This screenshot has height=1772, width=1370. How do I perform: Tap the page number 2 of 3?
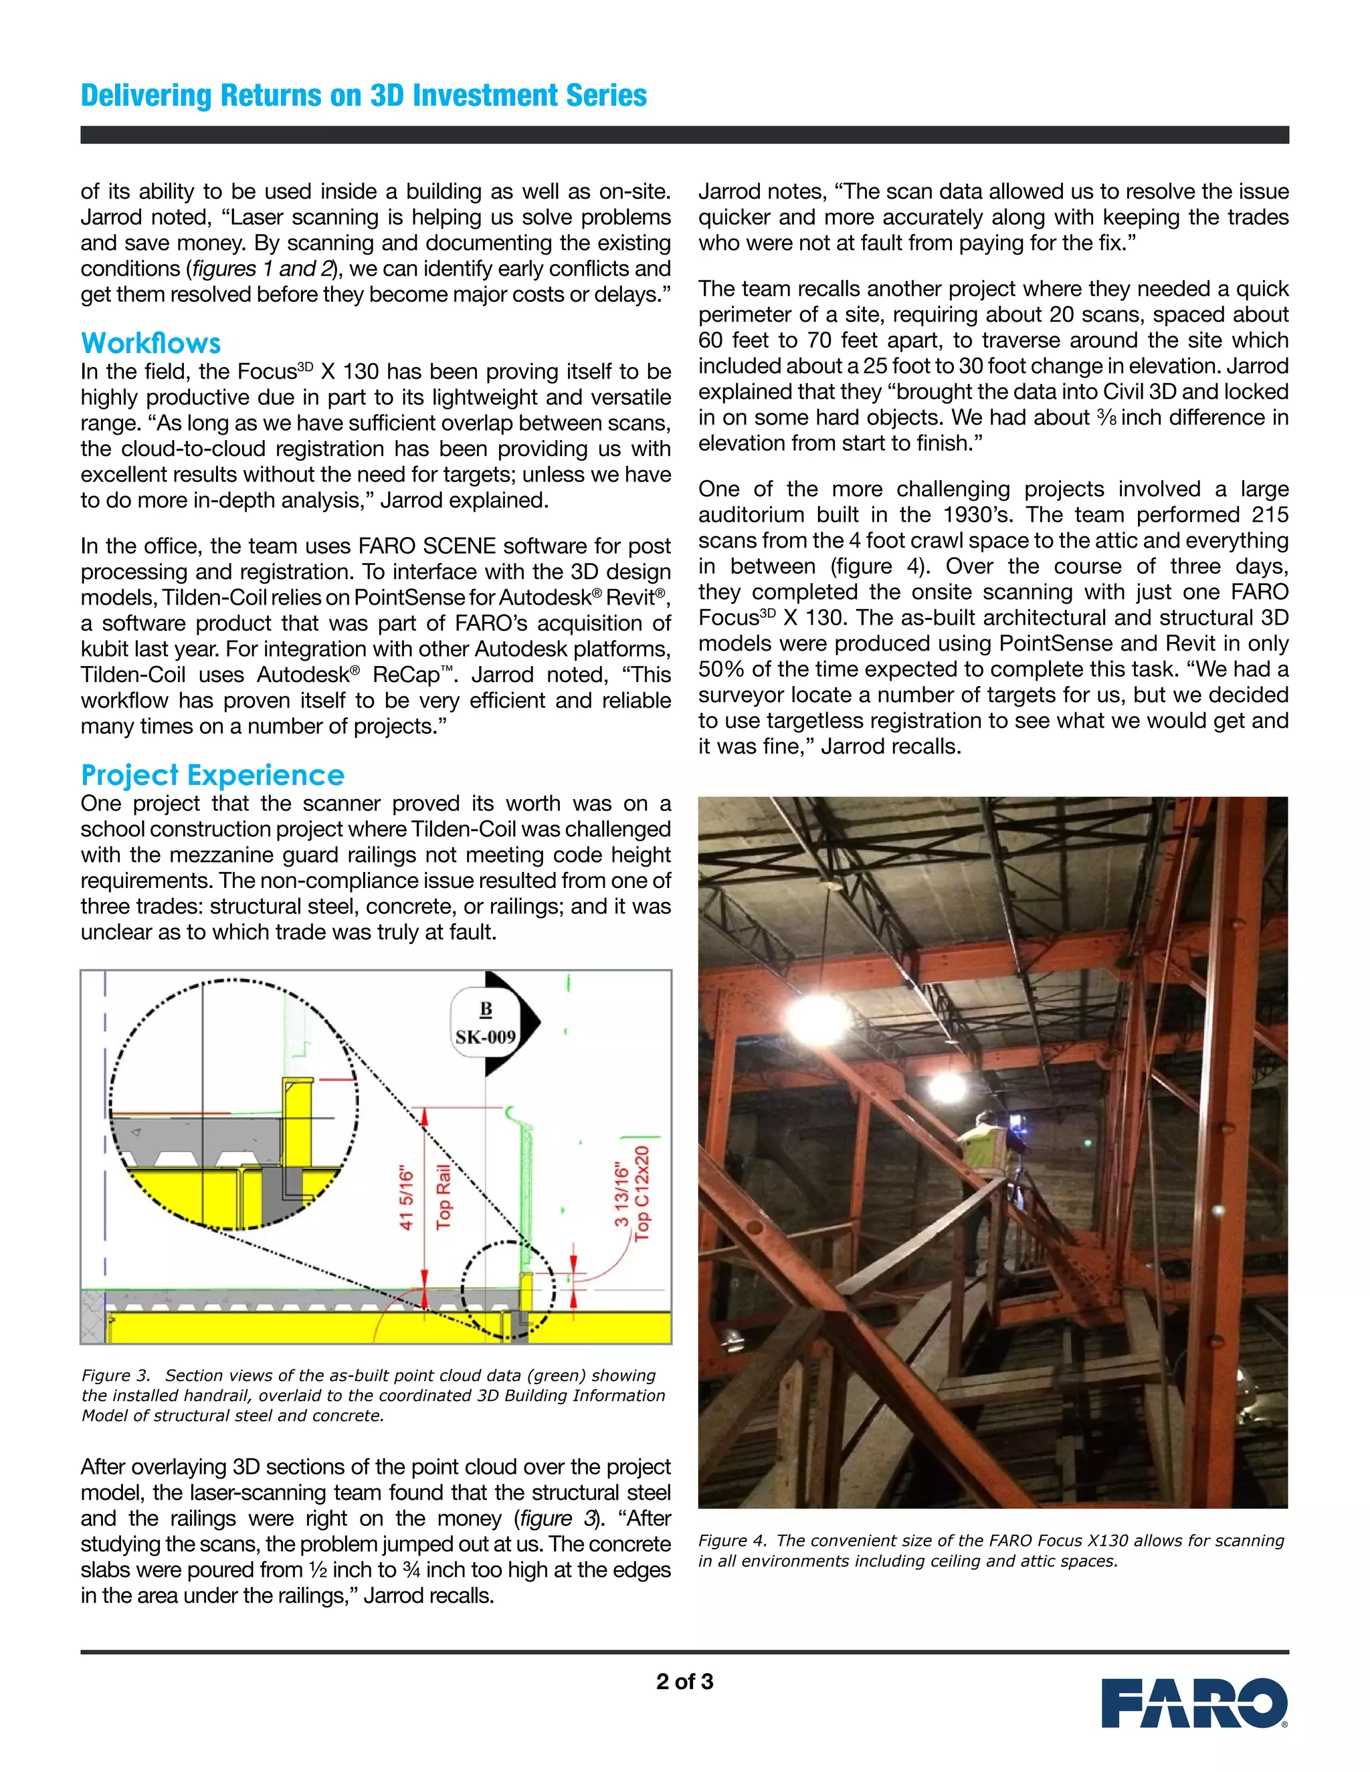[x=684, y=1681]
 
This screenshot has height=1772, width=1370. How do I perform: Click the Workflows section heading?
[x=151, y=342]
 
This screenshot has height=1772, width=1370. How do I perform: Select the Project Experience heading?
[x=213, y=775]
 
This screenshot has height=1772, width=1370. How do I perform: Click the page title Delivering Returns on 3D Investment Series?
[x=364, y=96]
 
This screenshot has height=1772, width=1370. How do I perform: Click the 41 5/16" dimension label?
[x=407, y=1199]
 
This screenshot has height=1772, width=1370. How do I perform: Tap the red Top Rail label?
[x=443, y=1198]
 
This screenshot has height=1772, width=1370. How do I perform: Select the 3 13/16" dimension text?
[x=621, y=1195]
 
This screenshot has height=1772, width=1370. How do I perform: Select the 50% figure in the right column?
[x=722, y=669]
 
